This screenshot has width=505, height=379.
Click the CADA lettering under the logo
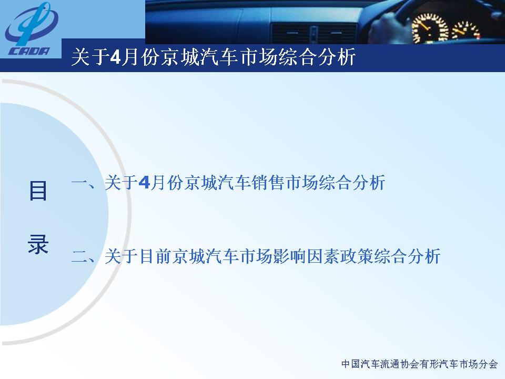click(x=29, y=51)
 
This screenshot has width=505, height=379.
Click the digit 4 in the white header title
click(x=115, y=57)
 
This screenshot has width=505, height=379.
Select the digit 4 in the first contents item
click(x=144, y=183)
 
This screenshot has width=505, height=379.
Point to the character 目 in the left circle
click(x=38, y=191)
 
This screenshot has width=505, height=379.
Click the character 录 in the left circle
click(x=38, y=244)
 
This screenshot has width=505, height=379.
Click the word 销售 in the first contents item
click(x=268, y=183)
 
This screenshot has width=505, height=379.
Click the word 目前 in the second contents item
click(x=156, y=256)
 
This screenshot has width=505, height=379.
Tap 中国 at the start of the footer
click(x=351, y=364)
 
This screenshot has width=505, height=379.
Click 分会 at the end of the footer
click(x=488, y=364)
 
